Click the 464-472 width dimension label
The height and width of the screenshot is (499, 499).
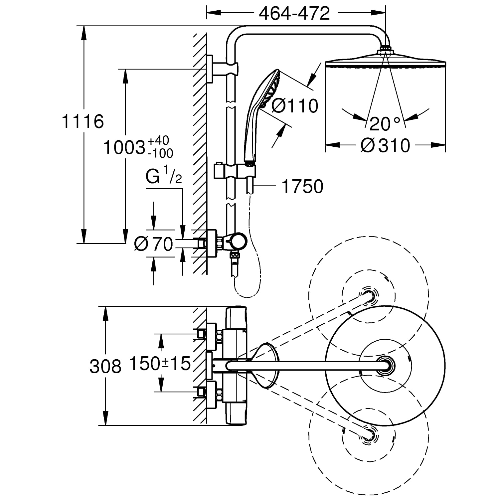pos(294,13)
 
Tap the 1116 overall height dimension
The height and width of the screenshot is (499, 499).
pos(83,121)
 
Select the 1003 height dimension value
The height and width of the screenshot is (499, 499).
pos(124,147)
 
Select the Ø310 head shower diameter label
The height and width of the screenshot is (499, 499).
pos(385,145)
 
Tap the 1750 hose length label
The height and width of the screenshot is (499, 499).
pos(302,186)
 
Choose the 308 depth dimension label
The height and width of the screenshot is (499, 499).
pos(105,367)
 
